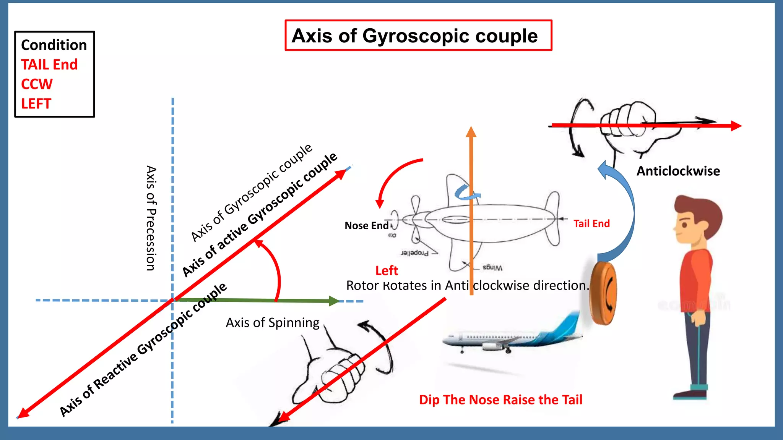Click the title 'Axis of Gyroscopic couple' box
click(418, 36)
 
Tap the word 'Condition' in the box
click(54, 45)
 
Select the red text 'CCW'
click(37, 84)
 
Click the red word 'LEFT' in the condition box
click(36, 104)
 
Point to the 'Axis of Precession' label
click(151, 218)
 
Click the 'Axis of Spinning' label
click(272, 323)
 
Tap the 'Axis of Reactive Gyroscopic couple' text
click(143, 350)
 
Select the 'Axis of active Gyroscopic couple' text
click(260, 214)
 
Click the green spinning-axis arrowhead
click(334, 301)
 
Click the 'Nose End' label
click(366, 226)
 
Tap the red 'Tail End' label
click(591, 224)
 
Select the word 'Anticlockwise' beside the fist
click(678, 171)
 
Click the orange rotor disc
click(603, 293)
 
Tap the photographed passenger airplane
click(512, 336)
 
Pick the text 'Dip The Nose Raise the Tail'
click(500, 400)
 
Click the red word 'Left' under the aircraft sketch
click(387, 271)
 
